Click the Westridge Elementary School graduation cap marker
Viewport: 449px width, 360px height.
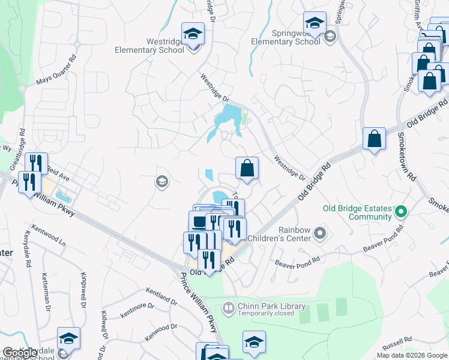pyautogui.click(x=193, y=34)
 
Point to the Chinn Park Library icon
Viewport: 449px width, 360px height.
pyautogui.click(x=228, y=308)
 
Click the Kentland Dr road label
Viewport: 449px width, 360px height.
pyautogui.click(x=161, y=296)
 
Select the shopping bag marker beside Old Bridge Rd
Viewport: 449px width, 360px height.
pyautogui.click(x=374, y=139)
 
